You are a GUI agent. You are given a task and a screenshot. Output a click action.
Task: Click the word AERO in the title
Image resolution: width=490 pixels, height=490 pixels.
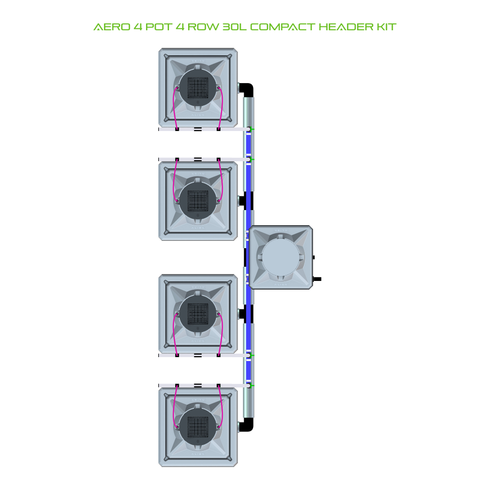click(112, 27)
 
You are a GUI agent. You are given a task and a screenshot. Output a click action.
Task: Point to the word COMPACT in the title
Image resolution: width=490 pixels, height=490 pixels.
click(282, 27)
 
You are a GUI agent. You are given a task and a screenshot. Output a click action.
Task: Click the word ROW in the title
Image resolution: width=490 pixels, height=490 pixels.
click(203, 27)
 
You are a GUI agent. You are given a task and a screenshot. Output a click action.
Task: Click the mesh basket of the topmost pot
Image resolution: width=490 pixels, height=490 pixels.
click(197, 87)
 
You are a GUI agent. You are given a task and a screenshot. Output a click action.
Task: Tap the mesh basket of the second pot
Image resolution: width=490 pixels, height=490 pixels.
click(197, 201)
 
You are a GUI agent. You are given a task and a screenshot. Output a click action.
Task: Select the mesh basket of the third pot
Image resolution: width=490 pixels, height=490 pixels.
click(197, 314)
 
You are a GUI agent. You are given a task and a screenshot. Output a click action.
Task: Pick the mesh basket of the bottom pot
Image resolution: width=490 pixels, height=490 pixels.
click(197, 427)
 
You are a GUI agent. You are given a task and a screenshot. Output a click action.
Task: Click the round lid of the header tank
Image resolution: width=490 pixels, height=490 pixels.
click(280, 257)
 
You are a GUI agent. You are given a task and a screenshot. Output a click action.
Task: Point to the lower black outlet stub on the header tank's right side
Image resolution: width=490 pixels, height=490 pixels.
click(317, 279)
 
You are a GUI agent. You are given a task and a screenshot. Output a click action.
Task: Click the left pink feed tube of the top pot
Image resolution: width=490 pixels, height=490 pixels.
click(174, 108)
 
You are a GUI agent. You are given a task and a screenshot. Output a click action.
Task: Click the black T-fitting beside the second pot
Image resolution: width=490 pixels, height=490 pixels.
click(246, 201)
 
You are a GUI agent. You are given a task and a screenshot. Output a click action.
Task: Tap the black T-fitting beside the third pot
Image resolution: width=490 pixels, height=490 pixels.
click(246, 314)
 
